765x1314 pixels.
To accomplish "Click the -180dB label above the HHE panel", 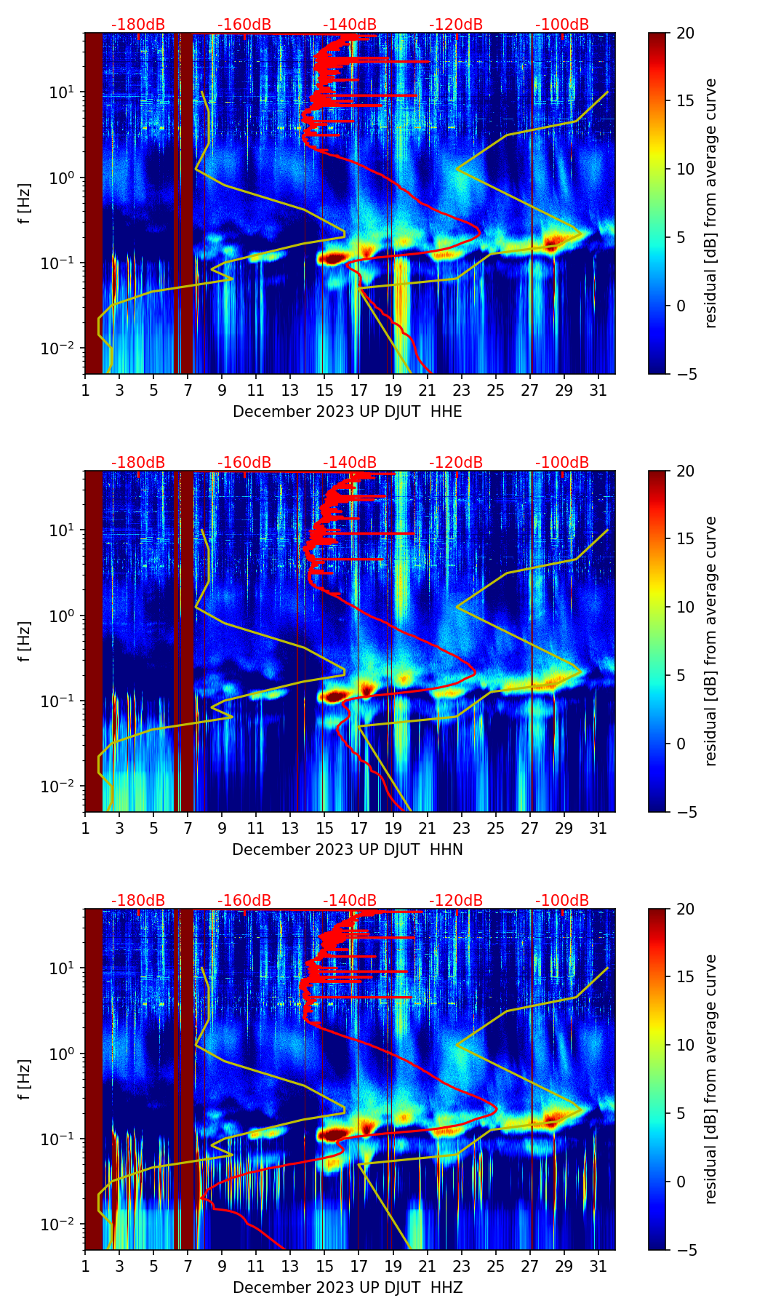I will [138, 25].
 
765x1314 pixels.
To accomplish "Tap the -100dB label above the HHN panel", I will [562, 463].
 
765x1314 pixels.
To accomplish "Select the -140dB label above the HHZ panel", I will [350, 901].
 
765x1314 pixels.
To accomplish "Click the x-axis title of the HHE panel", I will [348, 412].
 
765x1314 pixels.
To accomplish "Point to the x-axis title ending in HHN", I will [348, 850].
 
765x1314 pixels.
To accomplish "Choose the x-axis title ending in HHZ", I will [348, 1288].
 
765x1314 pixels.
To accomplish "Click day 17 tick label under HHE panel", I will [359, 390].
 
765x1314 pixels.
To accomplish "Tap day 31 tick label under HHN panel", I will [598, 828].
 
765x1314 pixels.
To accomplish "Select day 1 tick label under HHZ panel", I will [85, 1266].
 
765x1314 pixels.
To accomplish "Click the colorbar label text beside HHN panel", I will [711, 641].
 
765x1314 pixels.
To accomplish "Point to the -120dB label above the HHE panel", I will [456, 25].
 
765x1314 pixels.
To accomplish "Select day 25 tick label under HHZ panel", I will [496, 1266].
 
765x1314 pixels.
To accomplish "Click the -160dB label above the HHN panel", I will [244, 463].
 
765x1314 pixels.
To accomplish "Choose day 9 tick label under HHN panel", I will [222, 828].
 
